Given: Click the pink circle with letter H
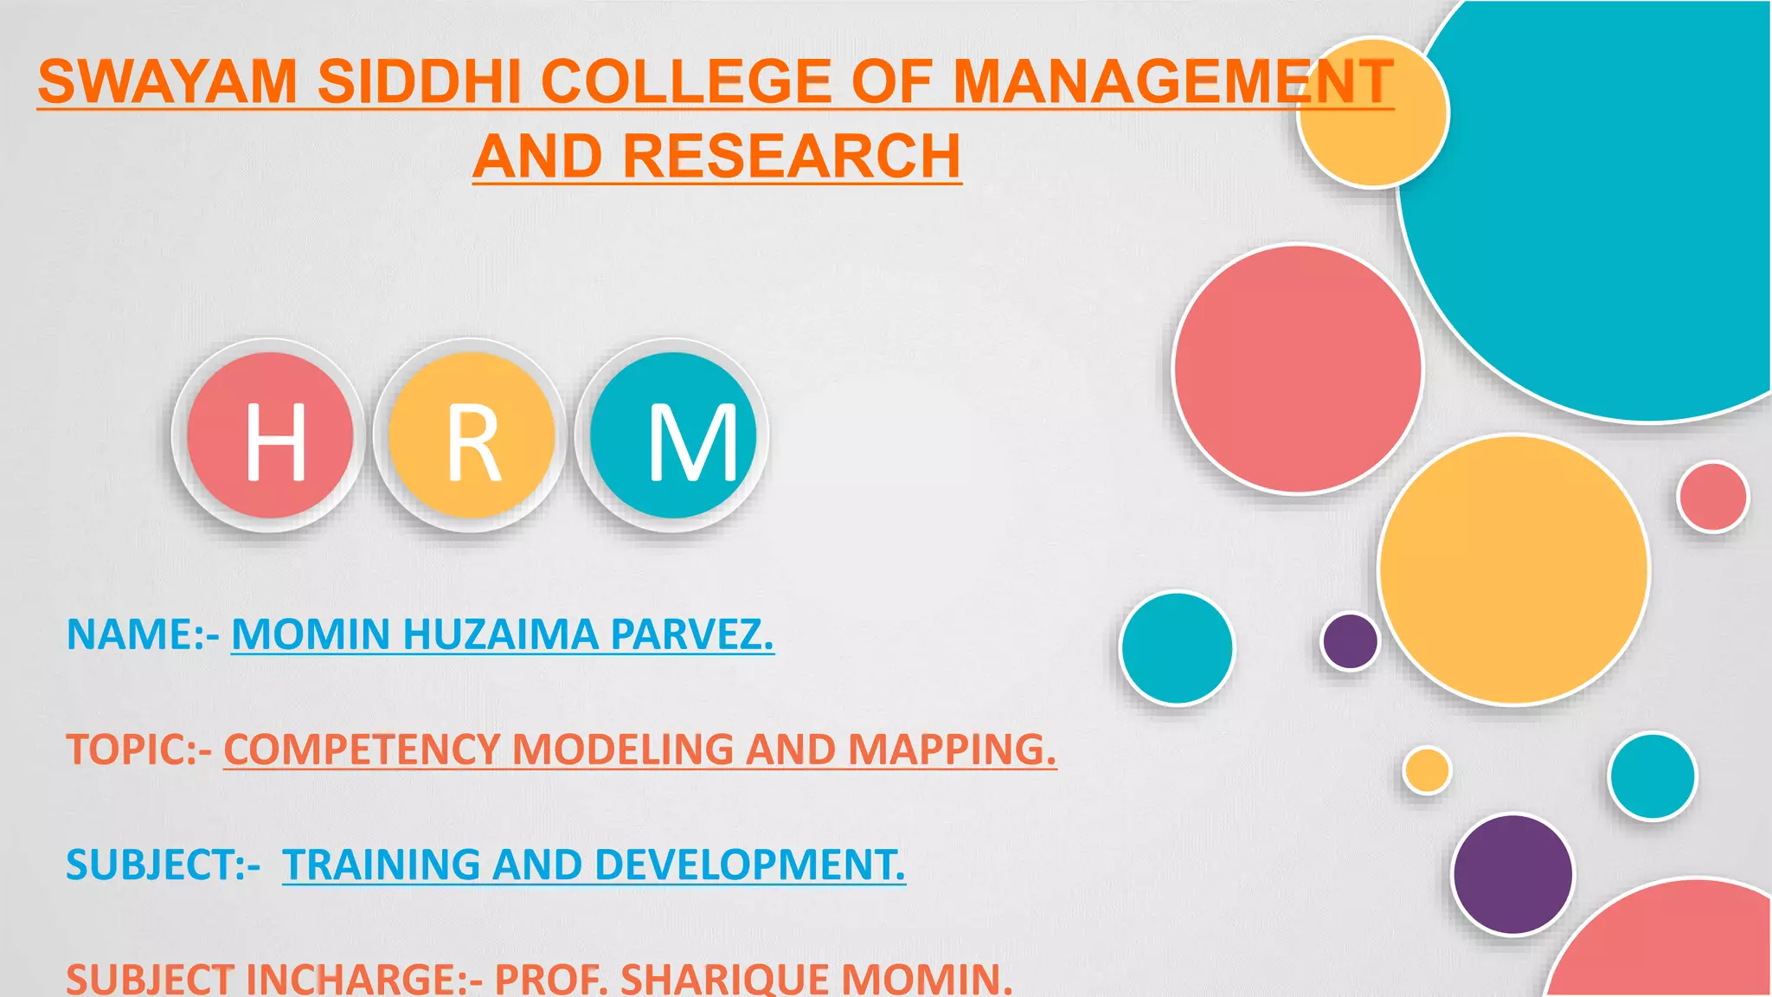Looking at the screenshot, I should tap(270, 435).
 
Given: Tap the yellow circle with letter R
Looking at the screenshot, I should tap(472, 435).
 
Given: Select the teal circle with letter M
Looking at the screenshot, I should tap(673, 435).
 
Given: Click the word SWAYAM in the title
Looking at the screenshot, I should tap(168, 82).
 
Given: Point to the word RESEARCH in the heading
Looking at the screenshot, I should tap(792, 157).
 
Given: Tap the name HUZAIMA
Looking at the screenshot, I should tap(501, 634).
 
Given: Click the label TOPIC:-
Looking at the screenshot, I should tap(138, 749).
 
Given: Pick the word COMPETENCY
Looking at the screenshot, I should tap(363, 749).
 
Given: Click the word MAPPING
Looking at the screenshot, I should tap(952, 749).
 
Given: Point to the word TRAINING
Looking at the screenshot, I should tap(381, 865).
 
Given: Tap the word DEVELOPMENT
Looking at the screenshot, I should tap(748, 865).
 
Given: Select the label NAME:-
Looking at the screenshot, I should tap(142, 634).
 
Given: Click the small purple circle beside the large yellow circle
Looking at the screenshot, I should tap(1350, 641).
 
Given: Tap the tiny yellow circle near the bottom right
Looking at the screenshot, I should tap(1427, 770).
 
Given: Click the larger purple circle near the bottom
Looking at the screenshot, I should tap(1512, 875).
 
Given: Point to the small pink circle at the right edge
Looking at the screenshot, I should tap(1712, 497).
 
